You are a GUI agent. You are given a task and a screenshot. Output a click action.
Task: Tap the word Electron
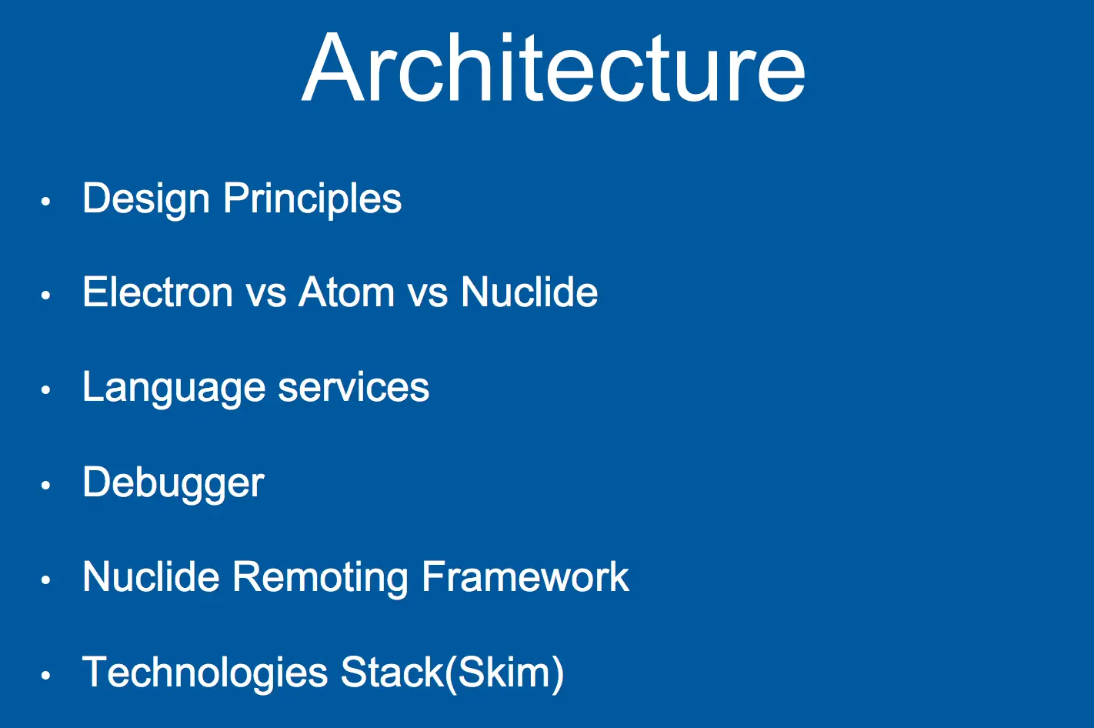157,292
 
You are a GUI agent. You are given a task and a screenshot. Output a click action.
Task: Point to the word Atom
346,292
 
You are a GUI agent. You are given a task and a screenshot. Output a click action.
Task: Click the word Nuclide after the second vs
529,292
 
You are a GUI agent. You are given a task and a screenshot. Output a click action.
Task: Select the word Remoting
320,579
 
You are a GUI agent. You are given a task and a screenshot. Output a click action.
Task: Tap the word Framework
525,577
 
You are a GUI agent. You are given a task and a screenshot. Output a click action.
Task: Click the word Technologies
205,673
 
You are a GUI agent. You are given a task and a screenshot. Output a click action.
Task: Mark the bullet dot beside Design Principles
46,201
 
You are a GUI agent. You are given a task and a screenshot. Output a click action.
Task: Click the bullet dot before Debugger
46,485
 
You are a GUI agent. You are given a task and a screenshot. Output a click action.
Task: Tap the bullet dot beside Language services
46,389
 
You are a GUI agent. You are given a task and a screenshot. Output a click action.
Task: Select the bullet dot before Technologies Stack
46,675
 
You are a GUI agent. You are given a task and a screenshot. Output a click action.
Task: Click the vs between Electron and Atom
265,296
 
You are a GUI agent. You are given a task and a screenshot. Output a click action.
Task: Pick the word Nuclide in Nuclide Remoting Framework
151,577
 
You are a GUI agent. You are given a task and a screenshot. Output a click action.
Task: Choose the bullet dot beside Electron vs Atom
46,295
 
